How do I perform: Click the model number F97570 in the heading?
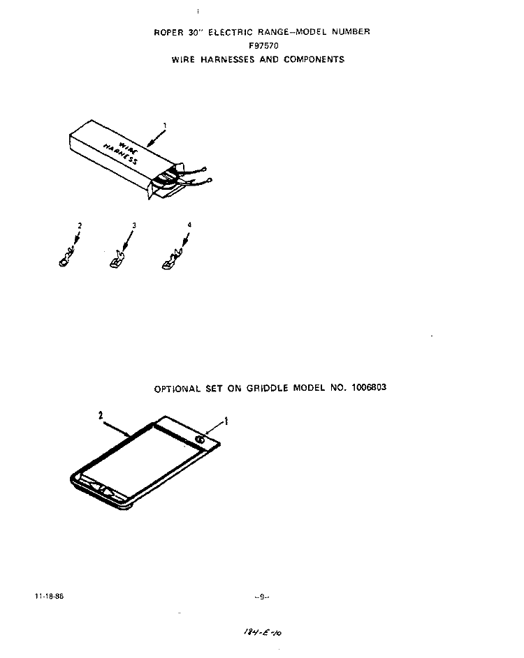(263, 45)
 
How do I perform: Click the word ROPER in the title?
(168, 32)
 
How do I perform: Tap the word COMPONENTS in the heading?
(314, 59)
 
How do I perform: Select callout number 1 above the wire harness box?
(165, 125)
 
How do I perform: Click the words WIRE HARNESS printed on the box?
(121, 152)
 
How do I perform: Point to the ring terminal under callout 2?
(66, 258)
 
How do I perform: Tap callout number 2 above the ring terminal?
(80, 225)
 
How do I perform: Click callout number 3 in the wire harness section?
(134, 225)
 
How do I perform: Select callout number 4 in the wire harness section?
(189, 225)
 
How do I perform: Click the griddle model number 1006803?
(368, 387)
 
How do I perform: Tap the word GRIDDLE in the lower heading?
(268, 388)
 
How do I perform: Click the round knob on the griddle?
(200, 440)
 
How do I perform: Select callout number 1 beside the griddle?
(226, 421)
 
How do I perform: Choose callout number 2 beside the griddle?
(101, 415)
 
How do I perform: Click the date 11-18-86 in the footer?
(49, 596)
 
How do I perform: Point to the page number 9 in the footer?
(261, 597)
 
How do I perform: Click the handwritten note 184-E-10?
(262, 632)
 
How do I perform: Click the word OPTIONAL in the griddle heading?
(177, 389)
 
